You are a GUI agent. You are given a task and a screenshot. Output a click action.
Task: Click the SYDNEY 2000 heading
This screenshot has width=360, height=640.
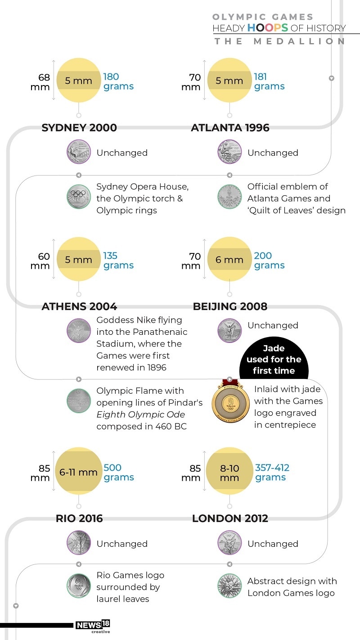click(79, 128)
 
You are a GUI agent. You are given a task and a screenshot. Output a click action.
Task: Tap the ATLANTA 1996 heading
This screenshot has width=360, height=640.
click(230, 128)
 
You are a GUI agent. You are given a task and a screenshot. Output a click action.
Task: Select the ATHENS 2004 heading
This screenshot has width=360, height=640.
click(79, 306)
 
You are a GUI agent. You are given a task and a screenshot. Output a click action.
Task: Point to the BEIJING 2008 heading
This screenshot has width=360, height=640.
click(230, 306)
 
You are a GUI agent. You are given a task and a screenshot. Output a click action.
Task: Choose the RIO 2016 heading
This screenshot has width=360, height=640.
click(79, 518)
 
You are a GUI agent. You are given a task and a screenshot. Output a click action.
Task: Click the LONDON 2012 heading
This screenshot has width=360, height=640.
click(230, 518)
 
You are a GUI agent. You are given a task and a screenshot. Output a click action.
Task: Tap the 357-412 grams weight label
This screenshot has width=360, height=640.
click(272, 473)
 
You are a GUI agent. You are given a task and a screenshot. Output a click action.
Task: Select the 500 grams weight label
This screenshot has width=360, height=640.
click(118, 473)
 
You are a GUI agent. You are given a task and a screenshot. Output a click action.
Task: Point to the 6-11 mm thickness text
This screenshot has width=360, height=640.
click(78, 473)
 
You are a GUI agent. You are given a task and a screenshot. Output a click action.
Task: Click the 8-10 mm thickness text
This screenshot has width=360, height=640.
click(229, 473)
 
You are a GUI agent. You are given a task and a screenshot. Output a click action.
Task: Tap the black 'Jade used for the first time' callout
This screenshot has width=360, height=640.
click(274, 359)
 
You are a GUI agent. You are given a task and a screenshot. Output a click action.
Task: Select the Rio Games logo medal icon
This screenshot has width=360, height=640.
click(79, 586)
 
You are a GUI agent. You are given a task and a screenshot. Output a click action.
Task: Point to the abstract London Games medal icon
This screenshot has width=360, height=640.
click(229, 586)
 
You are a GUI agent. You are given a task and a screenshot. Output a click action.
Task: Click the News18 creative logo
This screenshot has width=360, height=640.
click(93, 626)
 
